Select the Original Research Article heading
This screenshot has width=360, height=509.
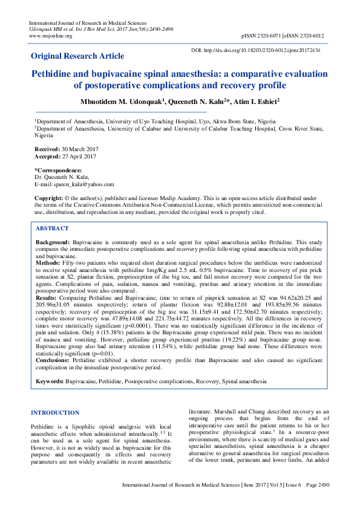click(77, 56)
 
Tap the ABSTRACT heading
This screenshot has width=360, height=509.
click(52, 229)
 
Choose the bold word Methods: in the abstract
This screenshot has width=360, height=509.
click(48, 264)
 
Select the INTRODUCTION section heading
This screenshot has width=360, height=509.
click(55, 412)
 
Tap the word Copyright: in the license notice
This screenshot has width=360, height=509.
click(49, 198)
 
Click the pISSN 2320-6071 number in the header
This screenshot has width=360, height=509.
click(265, 36)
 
